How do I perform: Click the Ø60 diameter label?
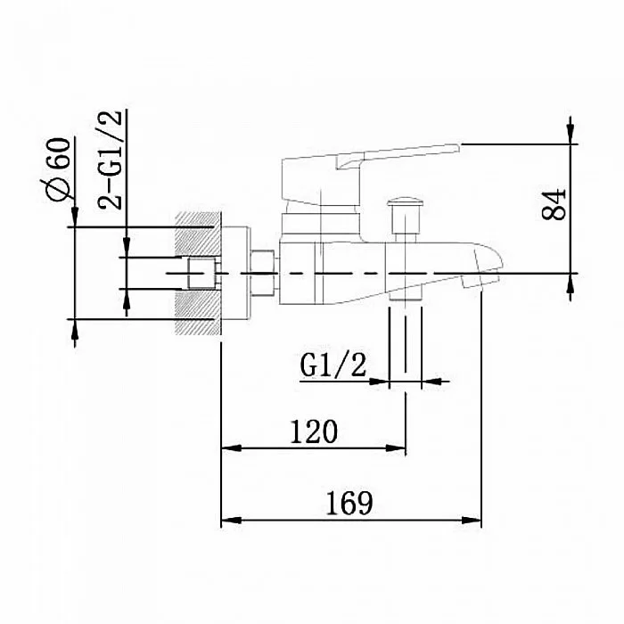tap(58, 169)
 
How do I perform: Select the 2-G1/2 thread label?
tap(111, 160)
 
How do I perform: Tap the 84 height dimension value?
tap(554, 204)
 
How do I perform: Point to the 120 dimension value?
tap(314, 431)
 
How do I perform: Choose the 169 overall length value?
tap(349, 504)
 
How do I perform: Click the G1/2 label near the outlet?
tap(333, 365)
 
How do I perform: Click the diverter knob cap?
tap(405, 201)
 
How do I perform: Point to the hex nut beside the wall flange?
tap(263, 273)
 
